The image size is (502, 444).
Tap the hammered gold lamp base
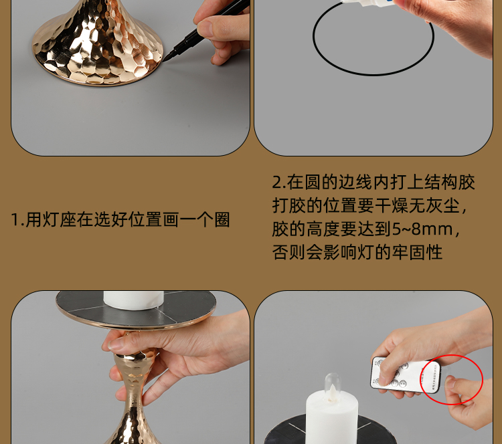98,45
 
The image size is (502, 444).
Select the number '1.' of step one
17,220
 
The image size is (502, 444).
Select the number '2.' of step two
279,183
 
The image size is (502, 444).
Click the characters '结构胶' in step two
450,183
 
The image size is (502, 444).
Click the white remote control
406,375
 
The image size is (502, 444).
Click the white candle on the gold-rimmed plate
133,300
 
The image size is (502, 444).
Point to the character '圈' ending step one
222,220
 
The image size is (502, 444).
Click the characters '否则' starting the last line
288,252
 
